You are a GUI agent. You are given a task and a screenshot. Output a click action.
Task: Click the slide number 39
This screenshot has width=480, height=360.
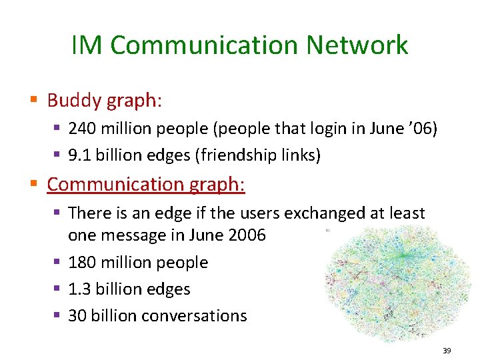coord(446,350)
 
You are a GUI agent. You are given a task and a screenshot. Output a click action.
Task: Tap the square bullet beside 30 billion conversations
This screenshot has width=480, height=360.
coord(59,315)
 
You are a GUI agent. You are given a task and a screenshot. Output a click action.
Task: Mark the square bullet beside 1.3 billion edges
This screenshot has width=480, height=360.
coord(59,289)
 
